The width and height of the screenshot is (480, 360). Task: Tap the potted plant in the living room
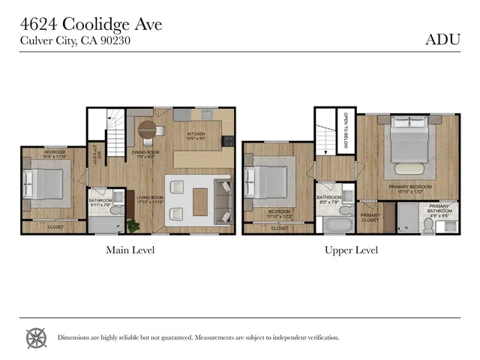[x=133, y=225]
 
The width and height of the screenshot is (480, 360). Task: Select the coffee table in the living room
[x=200, y=201]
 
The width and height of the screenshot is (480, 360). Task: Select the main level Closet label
[x=55, y=226]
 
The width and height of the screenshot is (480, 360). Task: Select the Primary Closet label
[x=370, y=218]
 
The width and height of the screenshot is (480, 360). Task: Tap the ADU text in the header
[x=442, y=40]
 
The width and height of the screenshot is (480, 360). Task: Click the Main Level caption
[x=130, y=250]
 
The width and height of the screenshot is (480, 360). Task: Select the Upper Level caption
[x=351, y=250]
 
